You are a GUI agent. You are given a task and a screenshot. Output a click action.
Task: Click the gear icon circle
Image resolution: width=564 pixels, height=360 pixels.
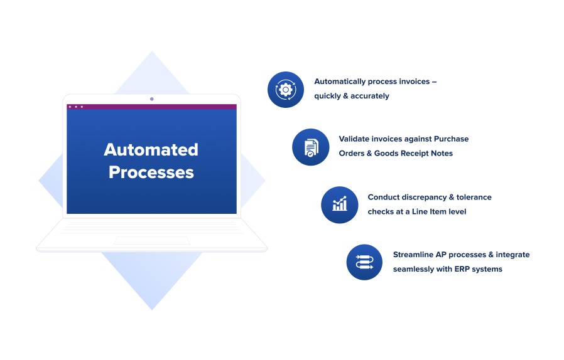286,90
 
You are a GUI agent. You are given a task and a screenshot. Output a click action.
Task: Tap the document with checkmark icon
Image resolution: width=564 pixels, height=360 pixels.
311,147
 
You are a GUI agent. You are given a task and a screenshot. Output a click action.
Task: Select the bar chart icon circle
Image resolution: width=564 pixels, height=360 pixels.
340,205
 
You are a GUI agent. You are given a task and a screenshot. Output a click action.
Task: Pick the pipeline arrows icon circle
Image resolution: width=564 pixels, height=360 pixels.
364,262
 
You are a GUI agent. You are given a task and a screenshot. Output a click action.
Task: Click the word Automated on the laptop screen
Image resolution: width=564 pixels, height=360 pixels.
151,150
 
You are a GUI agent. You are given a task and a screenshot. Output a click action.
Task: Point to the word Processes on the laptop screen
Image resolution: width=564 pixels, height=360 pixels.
151,172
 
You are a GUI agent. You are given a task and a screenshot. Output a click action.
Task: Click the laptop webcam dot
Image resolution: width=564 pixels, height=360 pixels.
152,99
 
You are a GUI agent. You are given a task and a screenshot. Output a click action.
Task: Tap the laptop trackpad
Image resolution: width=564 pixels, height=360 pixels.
152,240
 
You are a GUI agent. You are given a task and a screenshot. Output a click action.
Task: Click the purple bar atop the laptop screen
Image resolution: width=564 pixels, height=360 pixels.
152,107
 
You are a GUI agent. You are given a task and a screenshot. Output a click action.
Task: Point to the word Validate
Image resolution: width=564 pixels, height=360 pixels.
354,139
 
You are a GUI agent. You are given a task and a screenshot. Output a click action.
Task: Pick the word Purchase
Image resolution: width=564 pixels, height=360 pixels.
451,139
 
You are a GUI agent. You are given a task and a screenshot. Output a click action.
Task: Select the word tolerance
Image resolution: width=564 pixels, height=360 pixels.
474,197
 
